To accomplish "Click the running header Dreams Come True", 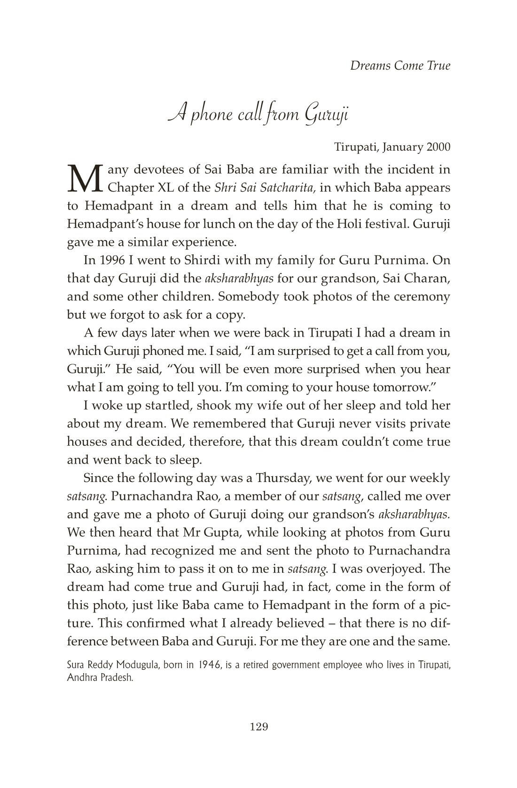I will [400, 65].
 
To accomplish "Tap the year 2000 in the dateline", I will [438, 147].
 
